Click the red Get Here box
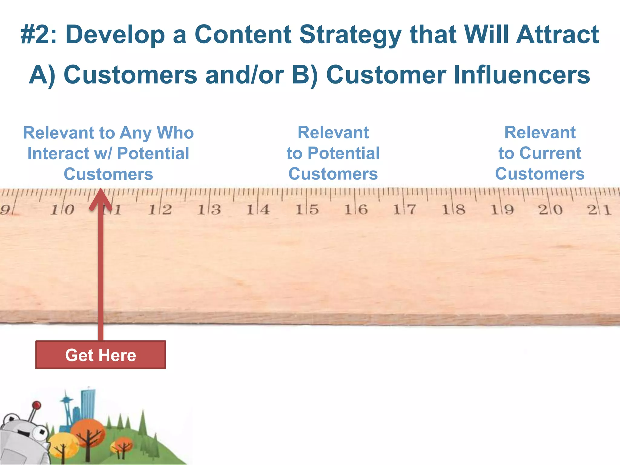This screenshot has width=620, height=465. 101,355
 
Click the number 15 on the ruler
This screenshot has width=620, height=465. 307,209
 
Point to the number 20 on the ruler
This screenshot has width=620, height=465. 550,209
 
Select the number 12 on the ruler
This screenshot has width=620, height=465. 160,209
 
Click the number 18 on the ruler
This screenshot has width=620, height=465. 453,209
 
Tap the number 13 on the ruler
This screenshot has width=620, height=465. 209,209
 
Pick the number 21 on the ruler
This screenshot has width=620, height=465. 599,209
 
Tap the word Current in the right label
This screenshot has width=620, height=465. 550,153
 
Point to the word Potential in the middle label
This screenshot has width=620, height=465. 343,153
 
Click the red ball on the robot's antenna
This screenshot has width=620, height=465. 37,405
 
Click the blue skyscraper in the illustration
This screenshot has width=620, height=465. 88,403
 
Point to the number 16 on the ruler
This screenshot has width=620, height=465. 356,209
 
